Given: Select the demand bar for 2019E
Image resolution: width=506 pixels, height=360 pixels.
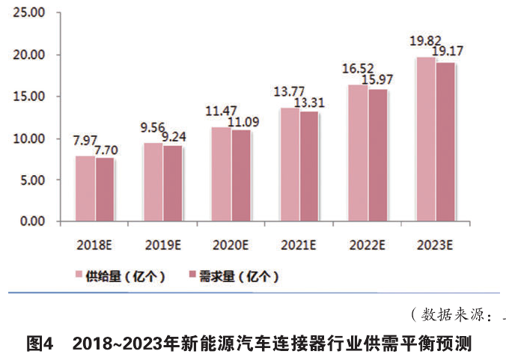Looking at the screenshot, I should pos(173,183).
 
